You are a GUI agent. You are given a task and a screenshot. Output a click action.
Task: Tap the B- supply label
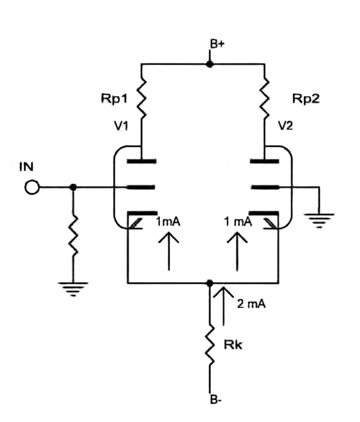[x=217, y=401]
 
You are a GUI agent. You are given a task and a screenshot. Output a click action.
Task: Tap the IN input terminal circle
[x=32, y=187]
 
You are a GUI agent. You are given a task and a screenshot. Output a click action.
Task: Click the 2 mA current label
[x=251, y=304]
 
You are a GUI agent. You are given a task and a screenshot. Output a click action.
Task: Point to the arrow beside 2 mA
[x=223, y=308]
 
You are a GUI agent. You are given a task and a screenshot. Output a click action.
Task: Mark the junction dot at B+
[x=210, y=64]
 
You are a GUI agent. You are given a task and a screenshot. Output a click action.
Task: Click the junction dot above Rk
[x=210, y=283]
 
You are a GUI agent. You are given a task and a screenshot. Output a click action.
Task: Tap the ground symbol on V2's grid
[x=320, y=218]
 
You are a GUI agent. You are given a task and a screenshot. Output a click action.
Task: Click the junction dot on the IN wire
[x=72, y=187]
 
